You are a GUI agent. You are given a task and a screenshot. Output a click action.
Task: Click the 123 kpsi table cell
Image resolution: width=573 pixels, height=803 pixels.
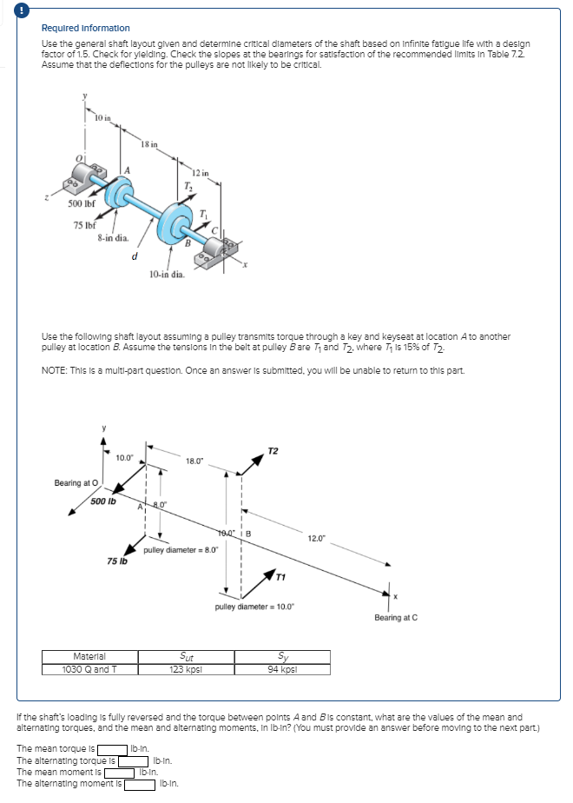(x=186, y=669)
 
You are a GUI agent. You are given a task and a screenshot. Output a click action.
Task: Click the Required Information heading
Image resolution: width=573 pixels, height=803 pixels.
(x=86, y=29)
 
